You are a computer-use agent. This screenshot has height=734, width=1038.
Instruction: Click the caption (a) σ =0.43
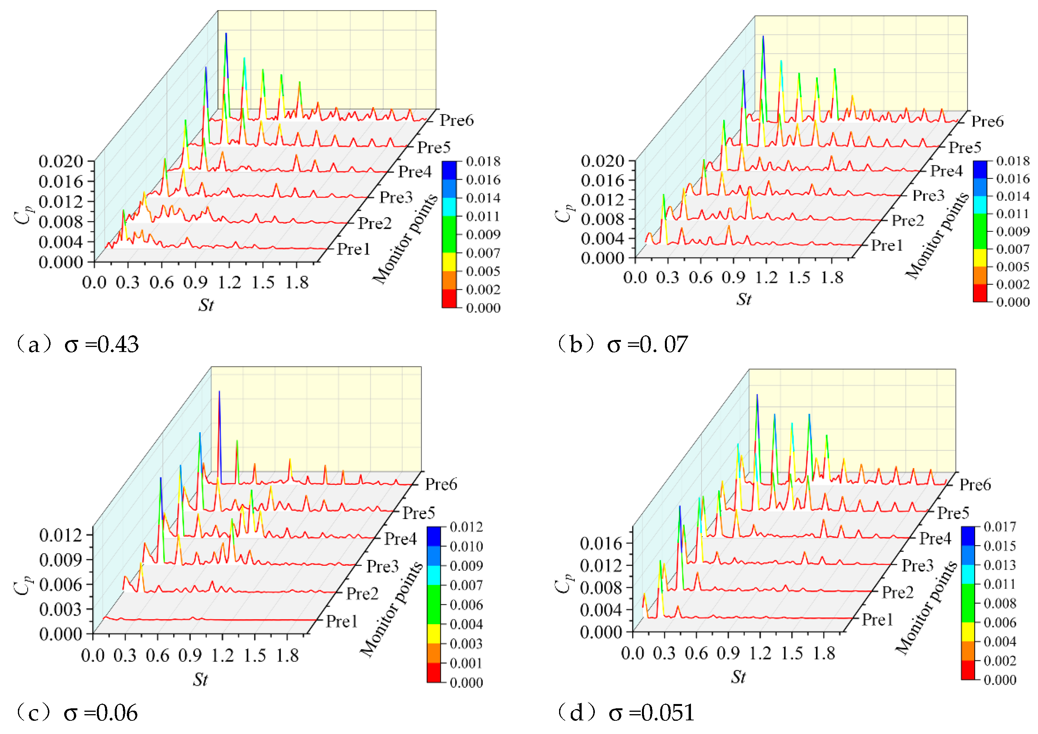77,345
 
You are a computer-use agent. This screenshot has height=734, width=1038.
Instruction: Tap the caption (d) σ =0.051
626,713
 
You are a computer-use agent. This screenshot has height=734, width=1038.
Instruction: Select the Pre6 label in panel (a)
457,120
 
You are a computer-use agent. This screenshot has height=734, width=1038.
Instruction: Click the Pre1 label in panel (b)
887,245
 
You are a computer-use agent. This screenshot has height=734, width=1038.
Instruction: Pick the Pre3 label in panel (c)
382,566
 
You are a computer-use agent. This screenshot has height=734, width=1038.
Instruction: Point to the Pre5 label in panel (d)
953,513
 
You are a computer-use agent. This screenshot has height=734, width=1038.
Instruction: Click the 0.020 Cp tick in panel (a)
61,161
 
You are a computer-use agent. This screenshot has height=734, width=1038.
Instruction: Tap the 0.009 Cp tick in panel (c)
61,560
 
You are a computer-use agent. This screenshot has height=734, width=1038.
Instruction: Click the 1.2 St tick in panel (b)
766,277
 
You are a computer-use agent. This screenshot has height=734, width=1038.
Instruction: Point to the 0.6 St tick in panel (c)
157,655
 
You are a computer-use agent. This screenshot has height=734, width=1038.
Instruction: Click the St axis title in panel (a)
206,305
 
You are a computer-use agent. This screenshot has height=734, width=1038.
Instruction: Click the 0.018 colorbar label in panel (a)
483,162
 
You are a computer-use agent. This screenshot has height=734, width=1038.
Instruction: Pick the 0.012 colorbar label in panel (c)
466,527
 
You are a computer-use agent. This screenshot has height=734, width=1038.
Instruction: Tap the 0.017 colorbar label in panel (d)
1000,526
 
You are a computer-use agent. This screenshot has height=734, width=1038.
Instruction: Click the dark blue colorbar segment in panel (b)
980,169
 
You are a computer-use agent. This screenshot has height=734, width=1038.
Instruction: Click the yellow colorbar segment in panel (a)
449,262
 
